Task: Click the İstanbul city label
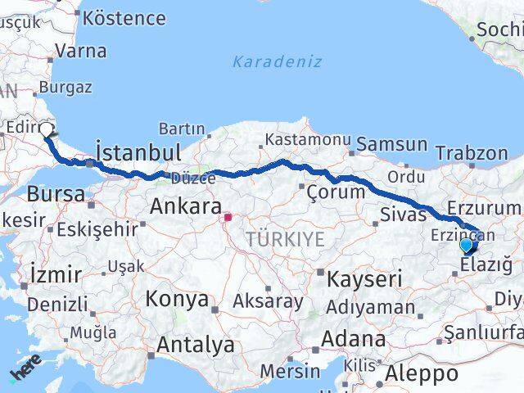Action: point(138,153)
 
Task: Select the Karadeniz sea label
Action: point(277,61)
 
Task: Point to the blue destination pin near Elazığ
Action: point(467,245)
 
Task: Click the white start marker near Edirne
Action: point(47,129)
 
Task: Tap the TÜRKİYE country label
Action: point(286,239)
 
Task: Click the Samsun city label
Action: point(396,145)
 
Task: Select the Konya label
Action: point(178,299)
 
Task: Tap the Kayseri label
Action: point(364,279)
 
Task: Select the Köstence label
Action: point(124,17)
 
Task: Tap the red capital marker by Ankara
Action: point(229,218)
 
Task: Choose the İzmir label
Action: point(54,273)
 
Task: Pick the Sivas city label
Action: point(404,215)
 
